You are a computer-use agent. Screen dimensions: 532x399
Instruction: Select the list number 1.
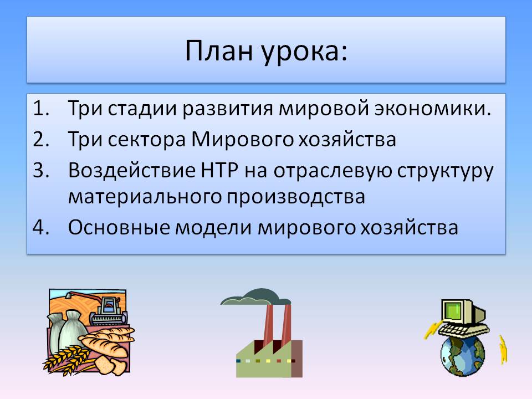[41, 108]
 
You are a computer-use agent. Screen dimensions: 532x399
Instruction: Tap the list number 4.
[41, 227]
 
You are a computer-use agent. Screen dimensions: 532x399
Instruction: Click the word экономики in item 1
[433, 109]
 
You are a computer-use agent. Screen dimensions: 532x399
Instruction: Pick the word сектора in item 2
[146, 140]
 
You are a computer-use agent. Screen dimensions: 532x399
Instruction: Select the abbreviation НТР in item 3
[219, 170]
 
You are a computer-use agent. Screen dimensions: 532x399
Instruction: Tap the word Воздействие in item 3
[132, 171]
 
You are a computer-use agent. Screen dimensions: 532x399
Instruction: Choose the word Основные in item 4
[119, 227]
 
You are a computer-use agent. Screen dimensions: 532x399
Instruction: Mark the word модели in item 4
[213, 228]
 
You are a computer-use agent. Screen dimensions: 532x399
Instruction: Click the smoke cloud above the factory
[256, 297]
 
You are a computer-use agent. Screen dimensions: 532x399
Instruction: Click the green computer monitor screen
[454, 311]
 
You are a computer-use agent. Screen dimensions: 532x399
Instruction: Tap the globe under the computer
[463, 355]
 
